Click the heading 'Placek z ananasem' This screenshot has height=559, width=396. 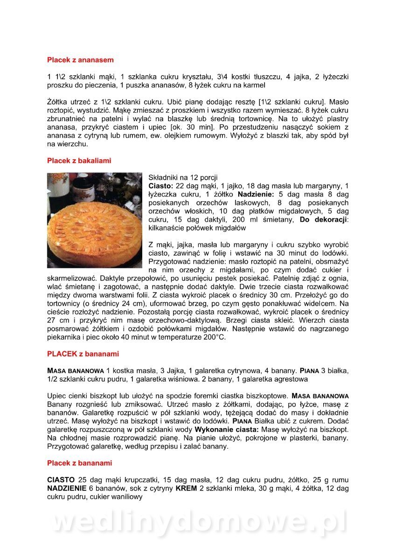80,60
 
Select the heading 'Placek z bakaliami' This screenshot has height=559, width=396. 79,161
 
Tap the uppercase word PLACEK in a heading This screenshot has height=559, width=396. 62,354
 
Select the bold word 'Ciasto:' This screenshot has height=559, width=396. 160,186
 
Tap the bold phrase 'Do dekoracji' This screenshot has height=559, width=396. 323,219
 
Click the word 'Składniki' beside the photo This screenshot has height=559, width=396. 163,177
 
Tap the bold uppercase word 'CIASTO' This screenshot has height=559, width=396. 61,480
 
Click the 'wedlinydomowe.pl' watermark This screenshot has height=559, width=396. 198,523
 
